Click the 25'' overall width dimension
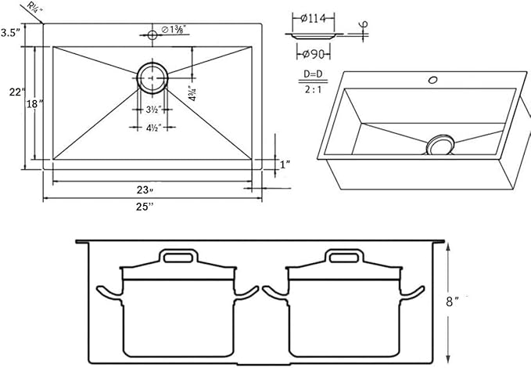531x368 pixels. click(x=145, y=207)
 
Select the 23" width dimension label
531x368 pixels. click(x=145, y=189)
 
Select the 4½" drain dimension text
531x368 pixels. click(x=152, y=128)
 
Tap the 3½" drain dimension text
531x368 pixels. click(x=152, y=109)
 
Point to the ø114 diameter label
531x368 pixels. click(x=312, y=17)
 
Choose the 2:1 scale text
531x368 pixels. click(x=312, y=88)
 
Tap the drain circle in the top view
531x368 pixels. click(x=152, y=77)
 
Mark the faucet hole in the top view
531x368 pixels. click(x=152, y=34)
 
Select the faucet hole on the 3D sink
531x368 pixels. click(x=430, y=80)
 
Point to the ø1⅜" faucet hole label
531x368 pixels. click(x=176, y=31)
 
